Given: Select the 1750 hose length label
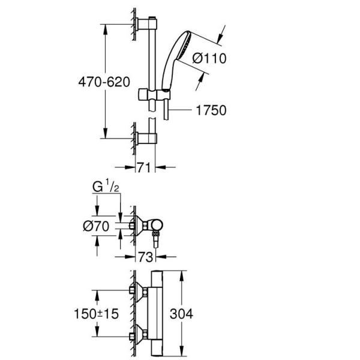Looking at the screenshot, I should click(210, 110).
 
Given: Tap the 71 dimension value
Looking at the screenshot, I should click(142, 169).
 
